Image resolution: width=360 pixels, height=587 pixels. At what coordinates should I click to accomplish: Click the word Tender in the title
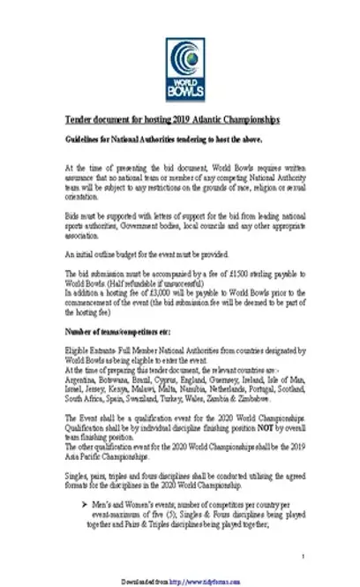point(79,118)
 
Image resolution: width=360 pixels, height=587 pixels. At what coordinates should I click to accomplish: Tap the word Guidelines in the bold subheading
point(83,141)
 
